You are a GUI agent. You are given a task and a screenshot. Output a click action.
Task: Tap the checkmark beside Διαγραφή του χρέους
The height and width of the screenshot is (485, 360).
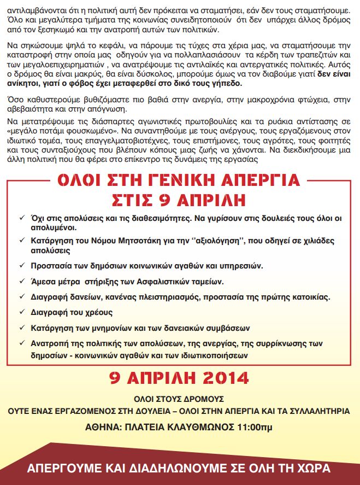click(x=21, y=312)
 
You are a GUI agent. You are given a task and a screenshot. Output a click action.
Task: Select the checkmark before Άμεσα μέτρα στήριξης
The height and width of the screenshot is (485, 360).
click(x=21, y=282)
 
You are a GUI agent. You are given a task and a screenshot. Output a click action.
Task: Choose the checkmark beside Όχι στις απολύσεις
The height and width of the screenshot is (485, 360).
click(x=21, y=218)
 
